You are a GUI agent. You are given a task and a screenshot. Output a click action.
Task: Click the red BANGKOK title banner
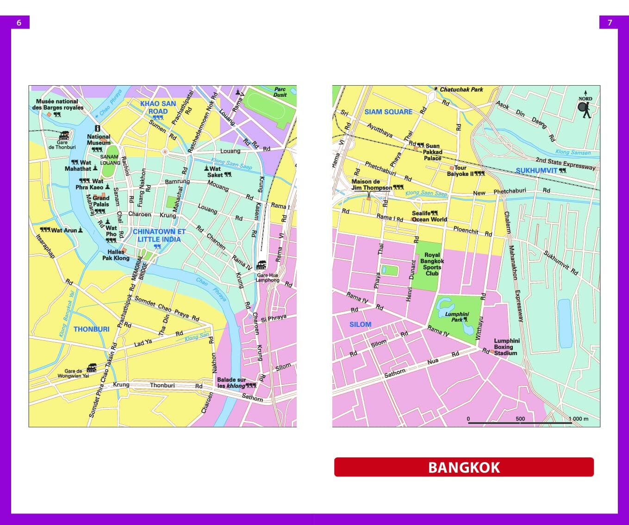click(x=464, y=467)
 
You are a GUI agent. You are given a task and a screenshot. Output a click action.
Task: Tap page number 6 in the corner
click(x=19, y=22)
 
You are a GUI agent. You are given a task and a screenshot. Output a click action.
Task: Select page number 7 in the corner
click(x=610, y=22)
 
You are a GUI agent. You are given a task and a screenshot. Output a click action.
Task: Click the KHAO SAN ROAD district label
click(x=158, y=107)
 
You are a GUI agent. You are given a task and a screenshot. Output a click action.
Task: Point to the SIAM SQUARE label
click(x=388, y=112)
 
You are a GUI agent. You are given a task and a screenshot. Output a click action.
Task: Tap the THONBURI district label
click(x=92, y=329)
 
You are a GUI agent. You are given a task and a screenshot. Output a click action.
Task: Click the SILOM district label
click(x=360, y=325)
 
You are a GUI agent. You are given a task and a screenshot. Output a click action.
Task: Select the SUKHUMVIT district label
click(x=537, y=170)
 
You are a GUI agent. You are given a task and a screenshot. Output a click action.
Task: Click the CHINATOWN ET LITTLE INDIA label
click(x=159, y=235)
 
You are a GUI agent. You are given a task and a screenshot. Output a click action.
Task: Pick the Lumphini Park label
click(x=457, y=317)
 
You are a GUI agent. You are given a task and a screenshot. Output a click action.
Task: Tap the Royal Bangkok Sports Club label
click(x=432, y=264)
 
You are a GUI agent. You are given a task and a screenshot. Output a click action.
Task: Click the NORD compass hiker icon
click(x=585, y=109)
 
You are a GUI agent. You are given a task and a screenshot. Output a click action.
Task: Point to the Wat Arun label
click(x=64, y=230)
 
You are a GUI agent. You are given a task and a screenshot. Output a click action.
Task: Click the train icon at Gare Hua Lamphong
click(x=262, y=265)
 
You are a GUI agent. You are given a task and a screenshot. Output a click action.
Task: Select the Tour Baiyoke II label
click(x=460, y=171)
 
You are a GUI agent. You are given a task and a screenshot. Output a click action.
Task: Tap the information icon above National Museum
click(x=97, y=128)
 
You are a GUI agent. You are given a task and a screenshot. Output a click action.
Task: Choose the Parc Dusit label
click(x=280, y=92)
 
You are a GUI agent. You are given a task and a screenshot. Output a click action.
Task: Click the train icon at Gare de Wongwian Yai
click(x=92, y=368)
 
